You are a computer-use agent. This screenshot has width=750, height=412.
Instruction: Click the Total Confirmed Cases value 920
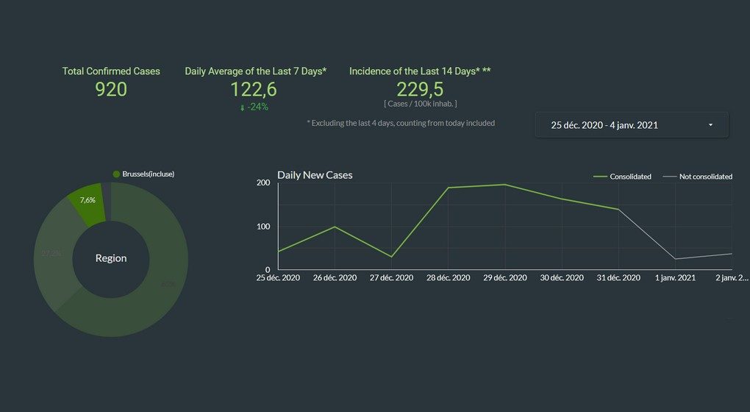pyautogui.click(x=111, y=90)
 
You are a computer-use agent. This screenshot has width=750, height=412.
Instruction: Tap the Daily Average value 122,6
pyautogui.click(x=254, y=90)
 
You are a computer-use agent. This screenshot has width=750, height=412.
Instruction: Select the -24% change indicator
pyautogui.click(x=254, y=107)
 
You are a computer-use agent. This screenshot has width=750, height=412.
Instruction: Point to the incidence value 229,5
pyautogui.click(x=420, y=90)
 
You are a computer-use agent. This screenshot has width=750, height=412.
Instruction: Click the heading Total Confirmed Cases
pyautogui.click(x=111, y=71)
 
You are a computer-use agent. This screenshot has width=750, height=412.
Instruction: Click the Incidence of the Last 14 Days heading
pyautogui.click(x=420, y=71)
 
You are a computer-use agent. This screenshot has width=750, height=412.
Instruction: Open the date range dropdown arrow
pyautogui.click(x=710, y=125)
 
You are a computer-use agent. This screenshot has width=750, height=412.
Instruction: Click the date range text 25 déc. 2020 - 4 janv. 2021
pyautogui.click(x=604, y=125)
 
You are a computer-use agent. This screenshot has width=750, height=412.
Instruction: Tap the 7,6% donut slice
pyautogui.click(x=87, y=200)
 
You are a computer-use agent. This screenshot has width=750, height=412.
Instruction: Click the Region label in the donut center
pyautogui.click(x=111, y=258)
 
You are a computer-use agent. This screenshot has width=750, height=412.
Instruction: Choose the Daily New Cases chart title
pyautogui.click(x=315, y=175)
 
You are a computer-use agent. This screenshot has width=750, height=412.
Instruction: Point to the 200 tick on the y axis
pyautogui.click(x=262, y=182)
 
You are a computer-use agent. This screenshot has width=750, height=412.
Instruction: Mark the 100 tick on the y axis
pyautogui.click(x=262, y=226)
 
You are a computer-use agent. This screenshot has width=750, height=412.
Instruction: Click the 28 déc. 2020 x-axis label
pyautogui.click(x=448, y=278)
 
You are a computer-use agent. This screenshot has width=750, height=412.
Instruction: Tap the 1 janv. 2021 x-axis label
pyautogui.click(x=675, y=278)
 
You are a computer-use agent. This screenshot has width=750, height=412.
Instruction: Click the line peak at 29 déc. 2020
pyautogui.click(x=505, y=185)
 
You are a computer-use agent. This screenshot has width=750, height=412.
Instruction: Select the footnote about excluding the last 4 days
pyautogui.click(x=401, y=123)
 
